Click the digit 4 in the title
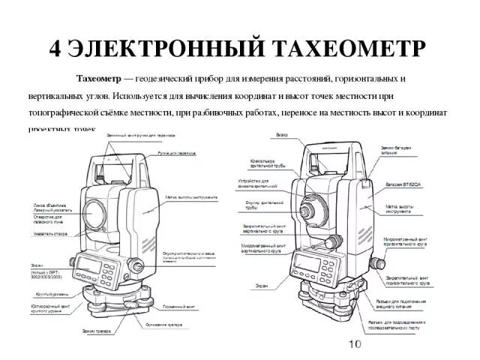[56, 46]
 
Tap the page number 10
[355, 344]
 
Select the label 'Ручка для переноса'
[176, 152]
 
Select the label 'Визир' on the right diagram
[282, 135]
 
